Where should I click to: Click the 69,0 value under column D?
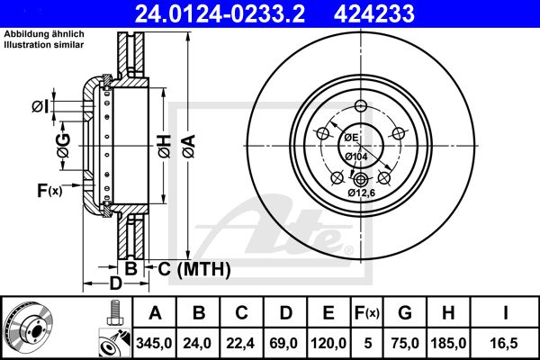pos(286,342)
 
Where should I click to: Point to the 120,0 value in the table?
pos(329,342)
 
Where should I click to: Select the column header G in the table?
pos(405,313)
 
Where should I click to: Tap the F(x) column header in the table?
pos(367,313)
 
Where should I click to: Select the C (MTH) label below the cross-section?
pos(194,268)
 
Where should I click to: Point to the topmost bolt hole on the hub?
pos(359,105)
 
